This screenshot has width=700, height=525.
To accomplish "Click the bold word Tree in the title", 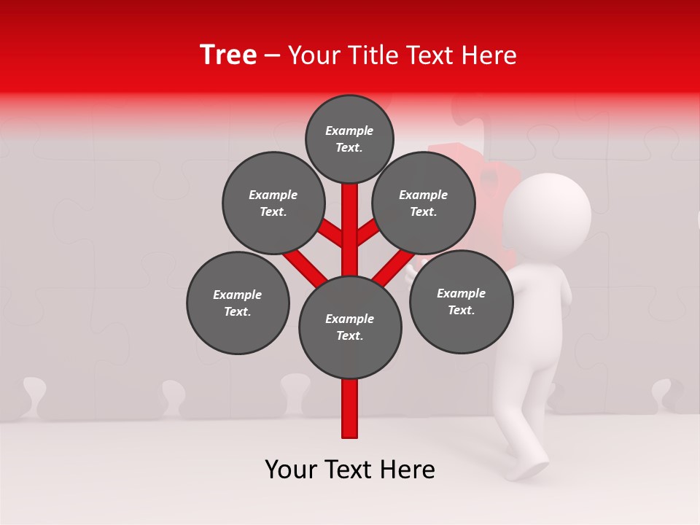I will pyautogui.click(x=227, y=55).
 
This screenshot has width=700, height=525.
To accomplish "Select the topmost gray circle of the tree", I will pyautogui.click(x=349, y=139).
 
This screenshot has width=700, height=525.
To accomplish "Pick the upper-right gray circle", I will pyautogui.click(x=424, y=203).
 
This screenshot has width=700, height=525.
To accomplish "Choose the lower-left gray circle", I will pyautogui.click(x=238, y=303).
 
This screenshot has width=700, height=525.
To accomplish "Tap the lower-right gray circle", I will pyautogui.click(x=461, y=302).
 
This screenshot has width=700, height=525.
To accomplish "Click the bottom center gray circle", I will pyautogui.click(x=350, y=327).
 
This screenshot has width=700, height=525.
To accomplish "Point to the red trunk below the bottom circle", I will pyautogui.click(x=350, y=408).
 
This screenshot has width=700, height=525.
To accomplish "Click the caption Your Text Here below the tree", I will pyautogui.click(x=350, y=470).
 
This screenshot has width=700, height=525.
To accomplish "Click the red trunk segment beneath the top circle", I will pyautogui.click(x=350, y=219).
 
